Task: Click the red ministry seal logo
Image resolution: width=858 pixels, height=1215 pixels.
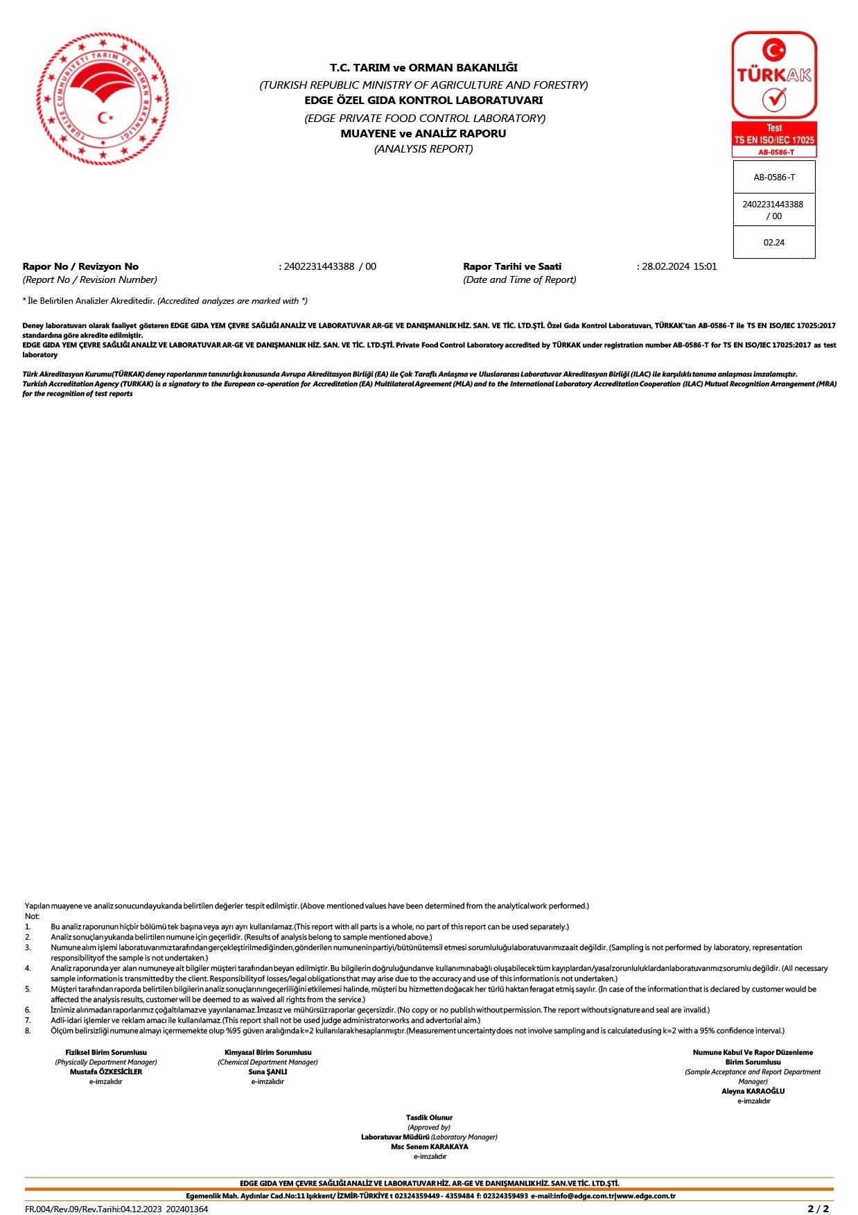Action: pos(103,98)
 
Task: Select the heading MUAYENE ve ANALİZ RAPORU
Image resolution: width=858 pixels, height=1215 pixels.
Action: pos(423,133)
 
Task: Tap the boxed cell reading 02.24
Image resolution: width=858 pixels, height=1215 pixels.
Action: pos(773,243)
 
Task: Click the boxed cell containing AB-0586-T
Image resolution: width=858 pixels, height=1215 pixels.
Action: pos(773,178)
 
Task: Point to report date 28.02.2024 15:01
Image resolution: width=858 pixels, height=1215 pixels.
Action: pos(678,266)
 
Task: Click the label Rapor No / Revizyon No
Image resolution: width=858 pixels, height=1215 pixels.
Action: pos(80,266)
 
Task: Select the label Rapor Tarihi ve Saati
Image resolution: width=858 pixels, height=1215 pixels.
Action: pos(512,266)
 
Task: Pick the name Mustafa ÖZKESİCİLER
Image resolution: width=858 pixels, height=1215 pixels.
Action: pos(106,1071)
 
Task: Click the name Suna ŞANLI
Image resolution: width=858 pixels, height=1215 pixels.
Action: pos(268,1071)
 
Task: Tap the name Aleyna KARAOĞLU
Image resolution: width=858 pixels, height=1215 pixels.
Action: pos(753,1091)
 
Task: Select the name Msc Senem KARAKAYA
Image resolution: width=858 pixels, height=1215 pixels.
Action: pos(429,1146)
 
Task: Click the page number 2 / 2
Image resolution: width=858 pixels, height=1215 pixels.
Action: pos(818,1209)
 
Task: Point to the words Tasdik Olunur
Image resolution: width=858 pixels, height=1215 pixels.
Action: pos(429,1117)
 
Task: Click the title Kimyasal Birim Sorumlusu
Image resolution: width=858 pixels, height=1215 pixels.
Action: pos(268,1052)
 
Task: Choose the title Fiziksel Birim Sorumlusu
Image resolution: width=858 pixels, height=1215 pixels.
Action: pos(106,1052)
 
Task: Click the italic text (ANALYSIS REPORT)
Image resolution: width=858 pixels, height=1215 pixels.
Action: pos(423,148)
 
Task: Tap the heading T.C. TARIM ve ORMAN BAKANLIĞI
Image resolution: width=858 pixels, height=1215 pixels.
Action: pos(423,67)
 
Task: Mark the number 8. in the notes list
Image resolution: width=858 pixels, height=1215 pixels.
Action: pos(28,1031)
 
